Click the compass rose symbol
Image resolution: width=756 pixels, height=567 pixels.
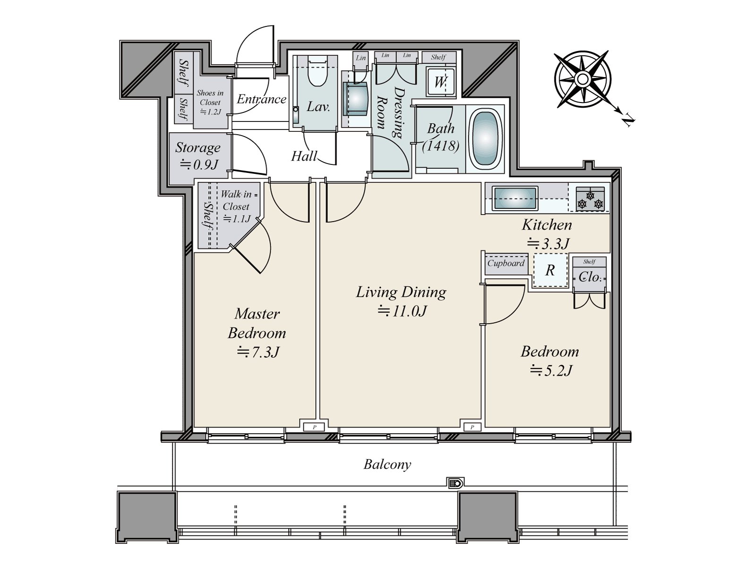click(583, 79)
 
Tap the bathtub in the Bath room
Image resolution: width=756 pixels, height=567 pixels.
click(485, 140)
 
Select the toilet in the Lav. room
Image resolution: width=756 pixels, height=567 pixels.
click(317, 73)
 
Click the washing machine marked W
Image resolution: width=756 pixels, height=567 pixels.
click(440, 82)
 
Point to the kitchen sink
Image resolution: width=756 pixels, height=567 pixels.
click(515, 198)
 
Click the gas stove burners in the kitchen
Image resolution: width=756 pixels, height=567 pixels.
click(590, 200)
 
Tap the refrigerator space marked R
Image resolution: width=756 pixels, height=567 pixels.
click(550, 271)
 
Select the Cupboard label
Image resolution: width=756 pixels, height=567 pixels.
click(506, 263)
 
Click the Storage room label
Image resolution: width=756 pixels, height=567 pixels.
click(198, 148)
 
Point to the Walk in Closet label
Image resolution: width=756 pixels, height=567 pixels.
click(237, 200)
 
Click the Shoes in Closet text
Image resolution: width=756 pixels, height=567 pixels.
click(210, 97)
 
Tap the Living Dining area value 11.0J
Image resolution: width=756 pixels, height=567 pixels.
click(402, 311)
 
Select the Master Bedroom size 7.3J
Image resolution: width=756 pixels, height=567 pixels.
click(258, 352)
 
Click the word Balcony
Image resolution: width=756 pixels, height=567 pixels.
click(387, 464)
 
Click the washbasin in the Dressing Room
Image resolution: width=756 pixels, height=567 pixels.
click(356, 98)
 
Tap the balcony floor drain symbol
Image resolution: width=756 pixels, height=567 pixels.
click(455, 483)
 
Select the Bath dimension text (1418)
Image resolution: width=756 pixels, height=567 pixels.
click(441, 146)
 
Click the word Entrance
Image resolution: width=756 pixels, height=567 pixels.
click(261, 99)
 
